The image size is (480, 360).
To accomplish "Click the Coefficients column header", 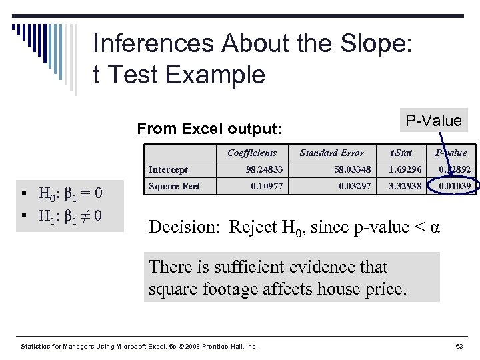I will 251,153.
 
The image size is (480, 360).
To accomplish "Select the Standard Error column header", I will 331,153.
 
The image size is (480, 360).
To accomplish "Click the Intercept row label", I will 168,169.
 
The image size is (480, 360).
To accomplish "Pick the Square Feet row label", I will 174,186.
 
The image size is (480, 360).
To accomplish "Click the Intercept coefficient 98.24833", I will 264,169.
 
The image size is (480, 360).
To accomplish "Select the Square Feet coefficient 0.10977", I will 267,186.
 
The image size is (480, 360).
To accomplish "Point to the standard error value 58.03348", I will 353,169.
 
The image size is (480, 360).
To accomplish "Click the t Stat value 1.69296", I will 405,169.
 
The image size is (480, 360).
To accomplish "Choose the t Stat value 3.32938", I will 405,186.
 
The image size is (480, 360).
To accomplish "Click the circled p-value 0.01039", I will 454,186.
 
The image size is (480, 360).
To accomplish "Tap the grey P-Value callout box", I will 433,121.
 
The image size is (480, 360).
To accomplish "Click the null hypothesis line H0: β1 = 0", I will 69,195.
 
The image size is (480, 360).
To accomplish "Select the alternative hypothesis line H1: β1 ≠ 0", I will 69,217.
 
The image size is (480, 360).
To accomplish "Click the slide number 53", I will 459,347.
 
